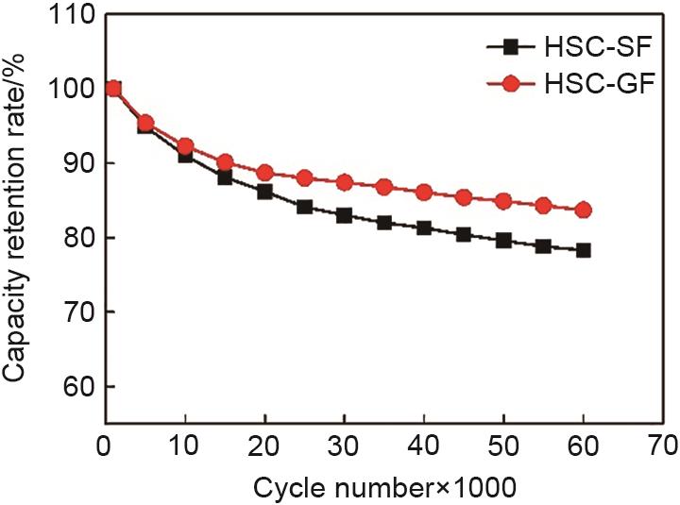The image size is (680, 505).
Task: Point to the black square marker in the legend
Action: [x=512, y=45]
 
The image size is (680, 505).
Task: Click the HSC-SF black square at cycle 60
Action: [x=583, y=250]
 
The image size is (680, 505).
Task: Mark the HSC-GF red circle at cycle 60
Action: [x=583, y=210]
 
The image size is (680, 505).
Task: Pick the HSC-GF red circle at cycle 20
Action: [x=264, y=173]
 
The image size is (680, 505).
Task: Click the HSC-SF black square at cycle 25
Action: [x=304, y=207]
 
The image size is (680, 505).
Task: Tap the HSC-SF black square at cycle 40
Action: [x=424, y=228]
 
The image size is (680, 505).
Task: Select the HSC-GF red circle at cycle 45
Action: [x=464, y=197]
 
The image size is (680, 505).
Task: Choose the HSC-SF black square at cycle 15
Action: [x=225, y=177]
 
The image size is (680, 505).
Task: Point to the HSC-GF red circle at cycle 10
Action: [x=185, y=146]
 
